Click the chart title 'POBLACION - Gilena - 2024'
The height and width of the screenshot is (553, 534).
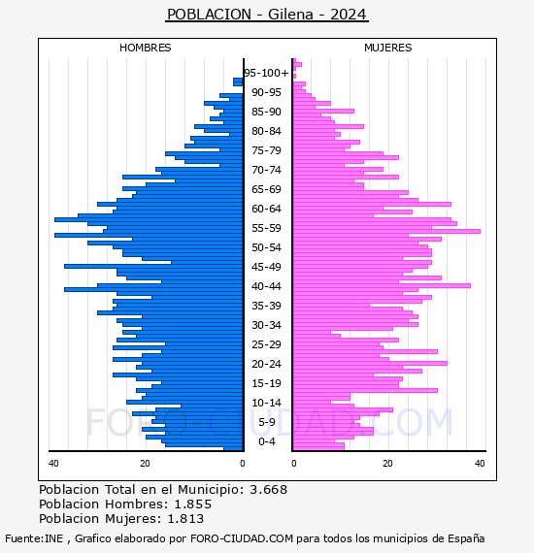click(x=267, y=15)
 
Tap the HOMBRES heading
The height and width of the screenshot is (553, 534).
click(x=145, y=48)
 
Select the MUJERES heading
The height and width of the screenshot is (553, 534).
click(x=388, y=48)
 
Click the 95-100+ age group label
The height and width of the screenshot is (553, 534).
click(x=266, y=73)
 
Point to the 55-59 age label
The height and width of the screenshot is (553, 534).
click(x=266, y=228)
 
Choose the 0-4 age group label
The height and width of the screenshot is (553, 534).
click(x=266, y=441)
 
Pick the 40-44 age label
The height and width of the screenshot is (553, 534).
click(x=266, y=286)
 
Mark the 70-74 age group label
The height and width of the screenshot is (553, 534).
click(x=266, y=170)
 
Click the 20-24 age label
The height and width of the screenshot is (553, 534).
click(x=266, y=364)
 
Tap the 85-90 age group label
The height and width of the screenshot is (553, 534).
click(x=266, y=112)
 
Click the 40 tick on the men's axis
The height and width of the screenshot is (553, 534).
click(x=53, y=464)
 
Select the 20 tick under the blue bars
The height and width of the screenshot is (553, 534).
click(x=145, y=464)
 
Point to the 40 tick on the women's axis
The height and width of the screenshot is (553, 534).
click(x=480, y=464)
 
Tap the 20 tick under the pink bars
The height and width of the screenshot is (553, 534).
click(x=388, y=464)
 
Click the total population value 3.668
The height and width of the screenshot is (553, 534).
click(x=269, y=490)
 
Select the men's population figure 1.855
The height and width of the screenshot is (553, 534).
click(x=193, y=504)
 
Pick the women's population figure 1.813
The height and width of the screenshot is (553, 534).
click(x=185, y=519)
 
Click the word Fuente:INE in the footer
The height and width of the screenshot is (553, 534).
click(x=34, y=538)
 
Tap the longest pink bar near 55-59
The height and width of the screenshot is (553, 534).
click(x=386, y=231)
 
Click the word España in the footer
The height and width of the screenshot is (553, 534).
click(x=466, y=539)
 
